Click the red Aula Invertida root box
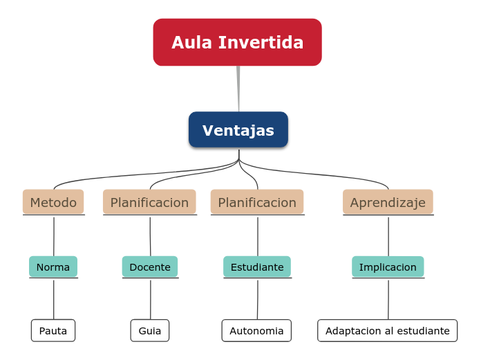point(237,42)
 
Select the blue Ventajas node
point(238,130)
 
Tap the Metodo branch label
point(53,202)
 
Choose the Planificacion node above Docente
point(149,202)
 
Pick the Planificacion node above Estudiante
point(257,202)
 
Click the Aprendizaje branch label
point(388,202)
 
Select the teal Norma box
point(53,267)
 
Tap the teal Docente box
point(150,267)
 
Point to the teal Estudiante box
point(257,267)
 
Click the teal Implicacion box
point(388,267)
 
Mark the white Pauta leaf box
point(53,330)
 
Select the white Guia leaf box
point(150,330)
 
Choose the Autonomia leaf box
point(256,330)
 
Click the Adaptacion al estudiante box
point(388,330)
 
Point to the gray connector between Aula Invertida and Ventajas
point(238,89)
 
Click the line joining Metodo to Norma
point(53,235)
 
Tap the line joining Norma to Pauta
point(53,299)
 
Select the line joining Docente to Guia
point(150,299)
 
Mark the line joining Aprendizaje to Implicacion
point(388,235)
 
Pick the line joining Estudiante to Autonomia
point(257,299)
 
